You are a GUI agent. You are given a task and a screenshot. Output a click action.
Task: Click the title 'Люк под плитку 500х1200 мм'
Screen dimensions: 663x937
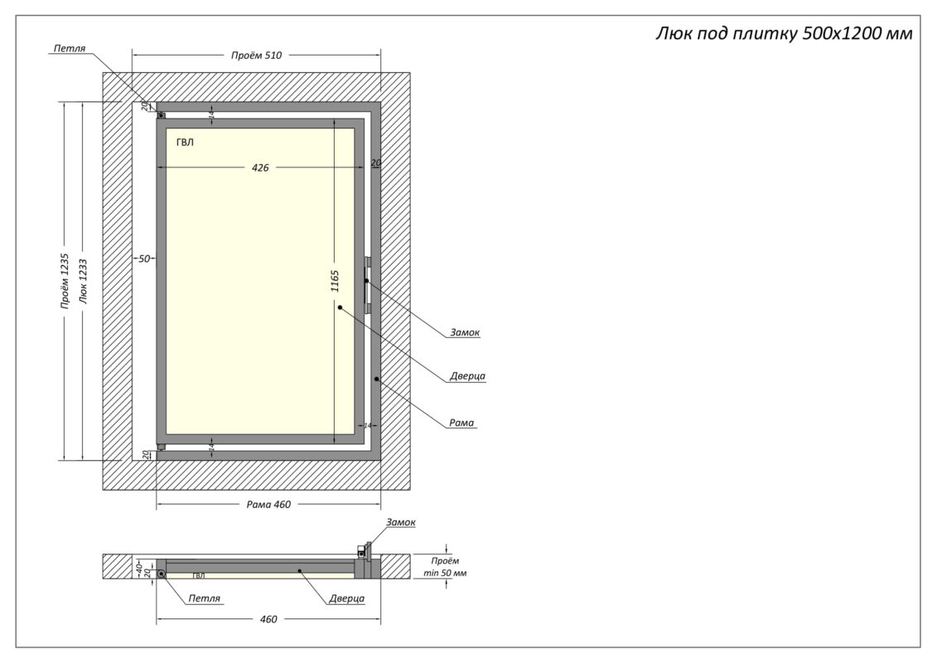[x=784, y=34]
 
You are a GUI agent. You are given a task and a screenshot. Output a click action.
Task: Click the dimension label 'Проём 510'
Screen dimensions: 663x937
[x=257, y=56]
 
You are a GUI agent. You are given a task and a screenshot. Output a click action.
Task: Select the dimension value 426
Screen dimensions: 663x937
[x=260, y=167]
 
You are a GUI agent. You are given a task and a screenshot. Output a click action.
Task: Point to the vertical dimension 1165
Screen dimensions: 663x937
[x=335, y=281]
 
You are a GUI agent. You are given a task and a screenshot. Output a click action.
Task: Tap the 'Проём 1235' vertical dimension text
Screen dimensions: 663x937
[x=65, y=282]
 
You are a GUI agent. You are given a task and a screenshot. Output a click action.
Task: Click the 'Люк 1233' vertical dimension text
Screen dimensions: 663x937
[x=83, y=282]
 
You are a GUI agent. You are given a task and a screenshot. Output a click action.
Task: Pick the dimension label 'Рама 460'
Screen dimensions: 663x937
[x=268, y=505]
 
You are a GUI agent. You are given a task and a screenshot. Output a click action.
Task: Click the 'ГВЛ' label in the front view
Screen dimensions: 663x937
[x=185, y=143]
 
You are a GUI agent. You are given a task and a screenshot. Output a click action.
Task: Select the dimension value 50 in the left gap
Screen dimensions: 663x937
[x=144, y=259]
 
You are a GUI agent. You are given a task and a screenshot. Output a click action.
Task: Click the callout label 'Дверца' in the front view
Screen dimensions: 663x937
[x=467, y=376]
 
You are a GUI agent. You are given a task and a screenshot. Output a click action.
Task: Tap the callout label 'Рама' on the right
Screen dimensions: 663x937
[x=461, y=423]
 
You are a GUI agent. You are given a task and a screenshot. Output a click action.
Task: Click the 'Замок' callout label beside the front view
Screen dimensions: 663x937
[x=466, y=332]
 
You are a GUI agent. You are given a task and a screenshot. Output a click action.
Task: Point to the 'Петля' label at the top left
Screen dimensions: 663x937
[x=70, y=49]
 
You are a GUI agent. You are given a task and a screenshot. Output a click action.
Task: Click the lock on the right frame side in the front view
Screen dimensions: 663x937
[x=367, y=284]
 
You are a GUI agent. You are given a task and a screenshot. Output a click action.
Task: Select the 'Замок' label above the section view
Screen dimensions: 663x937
[x=400, y=522]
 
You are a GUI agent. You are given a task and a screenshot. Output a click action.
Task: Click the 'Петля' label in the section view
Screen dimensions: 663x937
[x=204, y=598]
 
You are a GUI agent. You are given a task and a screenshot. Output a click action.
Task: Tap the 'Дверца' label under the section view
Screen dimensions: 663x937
[x=346, y=598]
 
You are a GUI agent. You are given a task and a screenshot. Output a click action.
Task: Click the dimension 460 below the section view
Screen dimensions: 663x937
[x=268, y=619]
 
